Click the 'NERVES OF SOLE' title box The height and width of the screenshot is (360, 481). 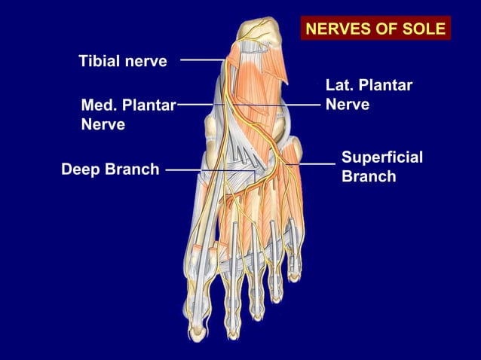[375, 29]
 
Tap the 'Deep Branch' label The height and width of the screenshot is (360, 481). [110, 169]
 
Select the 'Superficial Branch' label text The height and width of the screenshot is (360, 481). [381, 166]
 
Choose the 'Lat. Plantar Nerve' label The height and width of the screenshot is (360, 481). [368, 95]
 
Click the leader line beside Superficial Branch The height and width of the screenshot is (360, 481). [317, 163]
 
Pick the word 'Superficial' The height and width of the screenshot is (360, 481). [381, 157]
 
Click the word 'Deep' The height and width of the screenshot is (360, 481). [80, 169]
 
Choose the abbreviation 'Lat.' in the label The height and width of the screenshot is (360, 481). [339, 86]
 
